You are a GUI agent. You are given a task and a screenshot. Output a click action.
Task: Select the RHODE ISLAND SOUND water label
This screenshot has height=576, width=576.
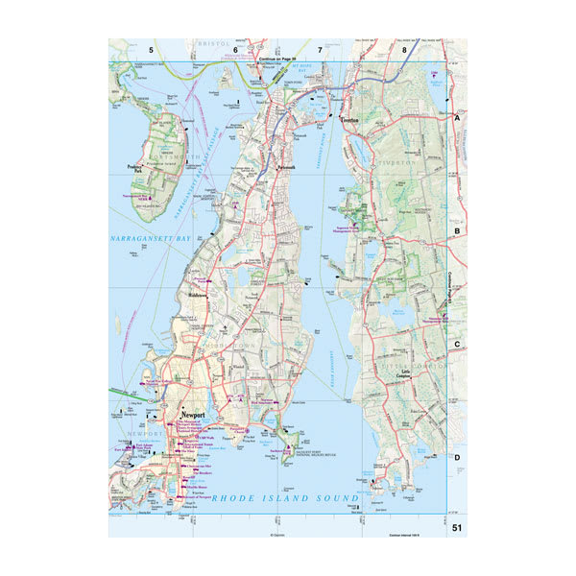(x=285, y=498)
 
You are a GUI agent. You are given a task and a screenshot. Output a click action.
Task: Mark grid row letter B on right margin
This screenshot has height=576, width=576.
(x=458, y=230)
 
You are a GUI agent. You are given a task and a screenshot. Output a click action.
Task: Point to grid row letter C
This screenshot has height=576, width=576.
(x=458, y=344)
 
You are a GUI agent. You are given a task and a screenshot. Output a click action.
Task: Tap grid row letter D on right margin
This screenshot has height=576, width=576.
(x=458, y=457)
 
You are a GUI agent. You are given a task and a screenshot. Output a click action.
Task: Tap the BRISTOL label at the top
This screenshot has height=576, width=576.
(x=209, y=44)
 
